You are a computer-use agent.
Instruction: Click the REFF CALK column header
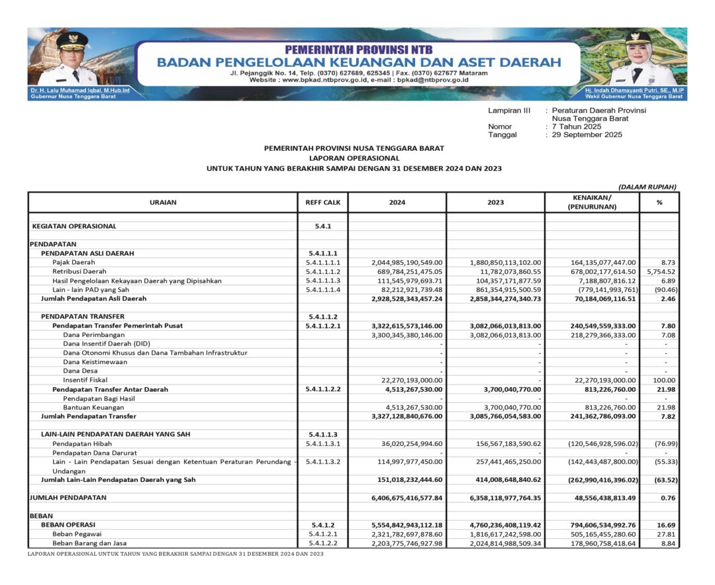(x=322, y=202)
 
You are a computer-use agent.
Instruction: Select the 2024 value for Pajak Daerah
(x=403, y=263)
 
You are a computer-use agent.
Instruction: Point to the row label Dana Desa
(x=80, y=371)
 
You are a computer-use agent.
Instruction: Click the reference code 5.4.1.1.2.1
(x=322, y=326)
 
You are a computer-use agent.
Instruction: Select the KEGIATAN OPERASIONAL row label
(x=74, y=226)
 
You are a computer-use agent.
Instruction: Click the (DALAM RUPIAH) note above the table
(x=647, y=187)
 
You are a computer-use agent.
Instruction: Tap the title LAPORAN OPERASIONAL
(x=354, y=159)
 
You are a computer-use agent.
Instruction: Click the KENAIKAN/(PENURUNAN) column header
(x=592, y=202)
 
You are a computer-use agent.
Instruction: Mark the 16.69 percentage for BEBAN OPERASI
(x=664, y=525)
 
